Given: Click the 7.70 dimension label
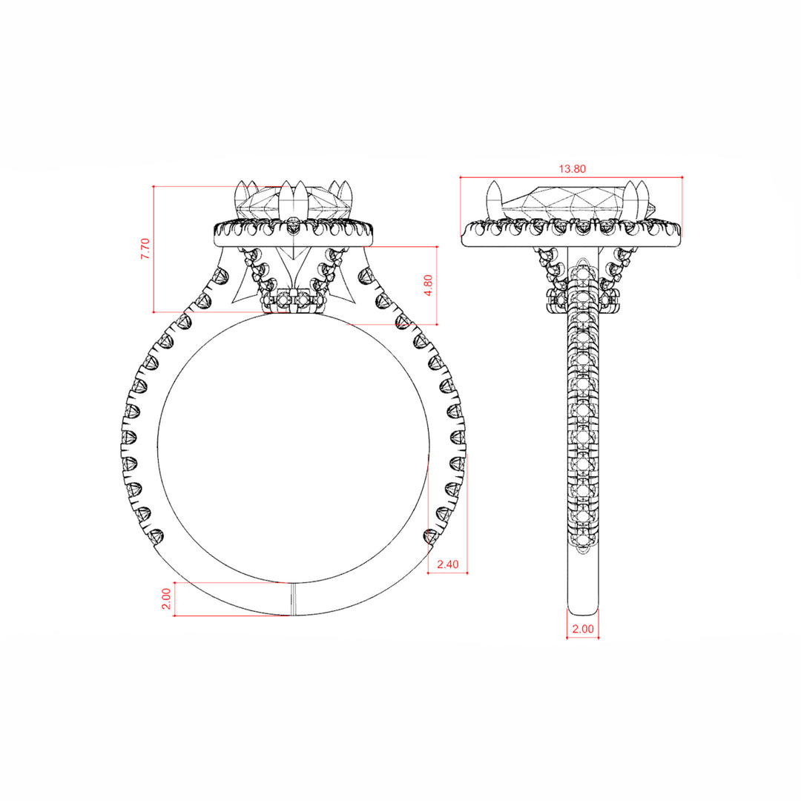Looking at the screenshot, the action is point(145,248).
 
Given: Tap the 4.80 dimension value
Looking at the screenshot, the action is point(428,285).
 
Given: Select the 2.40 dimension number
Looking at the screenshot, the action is point(448,564).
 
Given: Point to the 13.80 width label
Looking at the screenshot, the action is point(572,168).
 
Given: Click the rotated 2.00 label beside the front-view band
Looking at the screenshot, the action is point(166,599).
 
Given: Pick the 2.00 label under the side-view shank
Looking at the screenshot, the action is point(583,629).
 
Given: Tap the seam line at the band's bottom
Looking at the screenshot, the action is point(294,599).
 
